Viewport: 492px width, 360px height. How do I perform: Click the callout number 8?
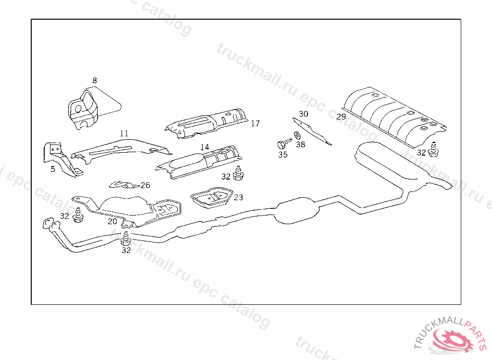[95, 80]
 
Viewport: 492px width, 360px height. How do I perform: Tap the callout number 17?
[255, 123]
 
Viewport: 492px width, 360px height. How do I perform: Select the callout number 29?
[341, 117]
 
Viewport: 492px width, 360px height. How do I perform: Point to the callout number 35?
[283, 155]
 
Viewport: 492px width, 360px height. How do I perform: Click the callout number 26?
[145, 185]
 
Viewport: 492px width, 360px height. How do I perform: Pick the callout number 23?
[238, 197]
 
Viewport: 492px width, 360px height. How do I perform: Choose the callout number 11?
[124, 133]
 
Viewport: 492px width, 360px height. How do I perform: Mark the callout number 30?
[303, 114]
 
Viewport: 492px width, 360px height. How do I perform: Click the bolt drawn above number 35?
[282, 144]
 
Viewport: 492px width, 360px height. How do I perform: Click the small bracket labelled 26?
[123, 185]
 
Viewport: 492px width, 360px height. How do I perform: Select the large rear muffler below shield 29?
[389, 163]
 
